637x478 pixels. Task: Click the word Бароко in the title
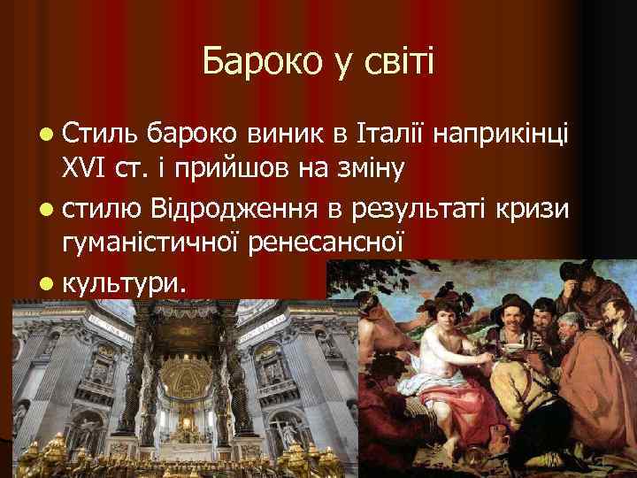(249, 62)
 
